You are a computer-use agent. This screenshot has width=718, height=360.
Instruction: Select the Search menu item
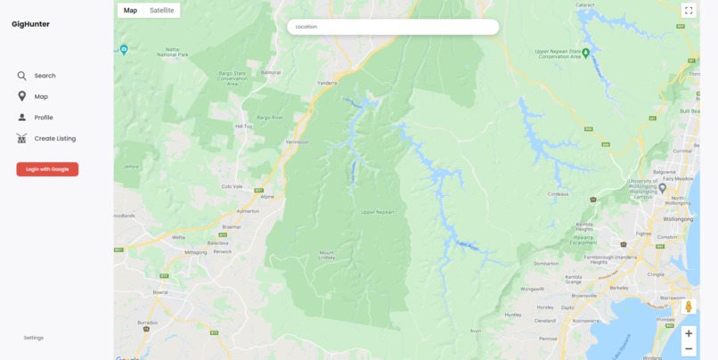[45, 76]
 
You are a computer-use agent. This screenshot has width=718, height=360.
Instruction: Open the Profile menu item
[44, 118]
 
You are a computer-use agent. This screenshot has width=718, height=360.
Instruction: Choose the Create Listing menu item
[54, 138]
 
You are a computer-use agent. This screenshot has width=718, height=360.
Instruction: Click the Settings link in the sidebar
[34, 338]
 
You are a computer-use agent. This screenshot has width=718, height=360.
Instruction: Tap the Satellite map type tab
[161, 11]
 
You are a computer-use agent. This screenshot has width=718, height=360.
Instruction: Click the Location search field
[393, 27]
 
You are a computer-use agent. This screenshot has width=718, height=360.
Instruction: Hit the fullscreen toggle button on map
[689, 11]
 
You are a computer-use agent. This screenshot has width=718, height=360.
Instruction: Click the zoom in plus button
[689, 333]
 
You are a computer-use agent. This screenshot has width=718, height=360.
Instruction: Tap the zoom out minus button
[689, 348]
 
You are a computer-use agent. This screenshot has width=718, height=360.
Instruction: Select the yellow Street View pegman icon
[689, 307]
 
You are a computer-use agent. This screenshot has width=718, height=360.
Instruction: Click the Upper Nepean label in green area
[378, 212]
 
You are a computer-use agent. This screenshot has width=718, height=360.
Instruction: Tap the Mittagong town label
[195, 252]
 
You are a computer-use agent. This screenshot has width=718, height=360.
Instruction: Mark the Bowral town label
[160, 291]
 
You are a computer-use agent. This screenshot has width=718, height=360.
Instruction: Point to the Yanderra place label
[328, 83]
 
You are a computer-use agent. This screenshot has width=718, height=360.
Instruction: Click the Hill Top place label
[244, 127]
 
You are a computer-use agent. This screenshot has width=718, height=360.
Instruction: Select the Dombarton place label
[545, 264]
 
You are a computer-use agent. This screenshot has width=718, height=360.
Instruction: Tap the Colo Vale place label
[232, 186]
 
